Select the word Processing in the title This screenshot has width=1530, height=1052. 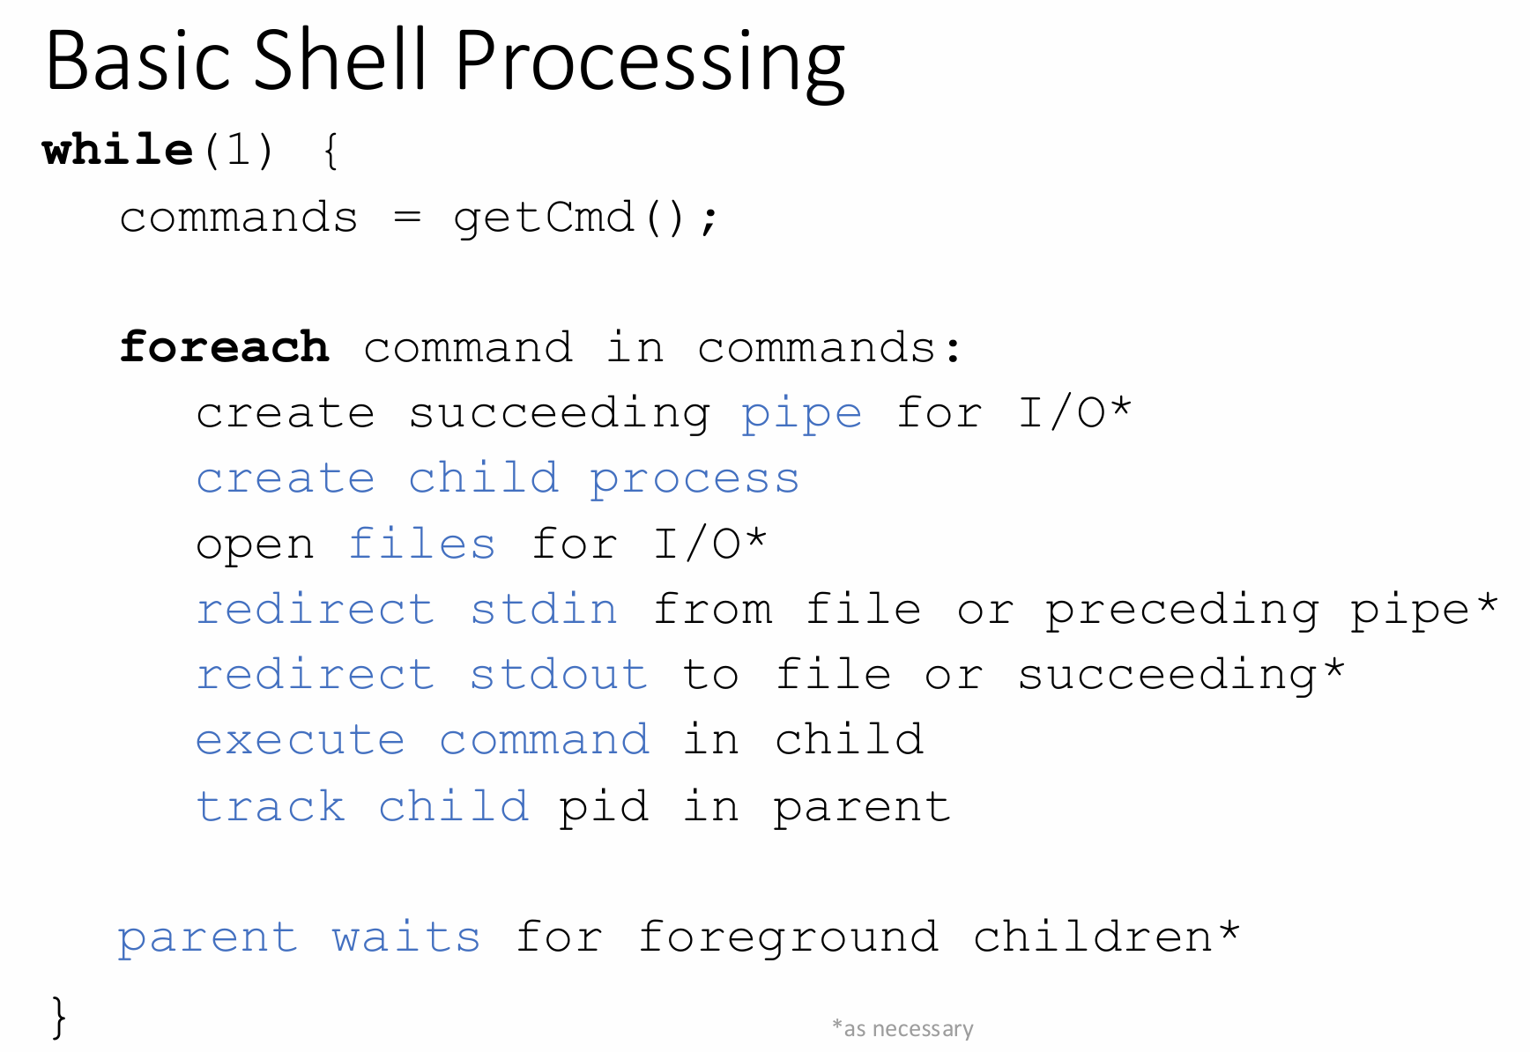coord(650,63)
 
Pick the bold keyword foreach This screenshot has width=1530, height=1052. coord(224,346)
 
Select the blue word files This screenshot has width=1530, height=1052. coord(422,543)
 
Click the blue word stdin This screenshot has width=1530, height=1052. coord(543,609)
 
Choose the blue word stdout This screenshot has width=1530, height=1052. coord(559,674)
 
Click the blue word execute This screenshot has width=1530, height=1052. coord(301,740)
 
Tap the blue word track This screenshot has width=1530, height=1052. coord(271,806)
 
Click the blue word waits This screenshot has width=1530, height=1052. coord(406,937)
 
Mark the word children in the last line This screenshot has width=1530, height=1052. coord(1094,937)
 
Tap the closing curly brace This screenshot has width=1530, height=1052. coord(59,1018)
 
